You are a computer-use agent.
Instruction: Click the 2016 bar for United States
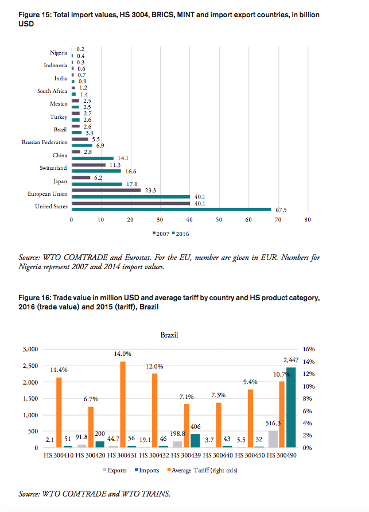(171, 210)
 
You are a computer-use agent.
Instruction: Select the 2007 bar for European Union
(106, 190)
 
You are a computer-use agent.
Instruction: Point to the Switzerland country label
(53, 168)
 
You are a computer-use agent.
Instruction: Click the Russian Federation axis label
(45, 142)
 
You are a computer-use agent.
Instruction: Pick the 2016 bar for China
(92, 158)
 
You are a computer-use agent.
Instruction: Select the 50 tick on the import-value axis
(219, 220)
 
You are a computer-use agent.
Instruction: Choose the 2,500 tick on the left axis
(29, 366)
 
